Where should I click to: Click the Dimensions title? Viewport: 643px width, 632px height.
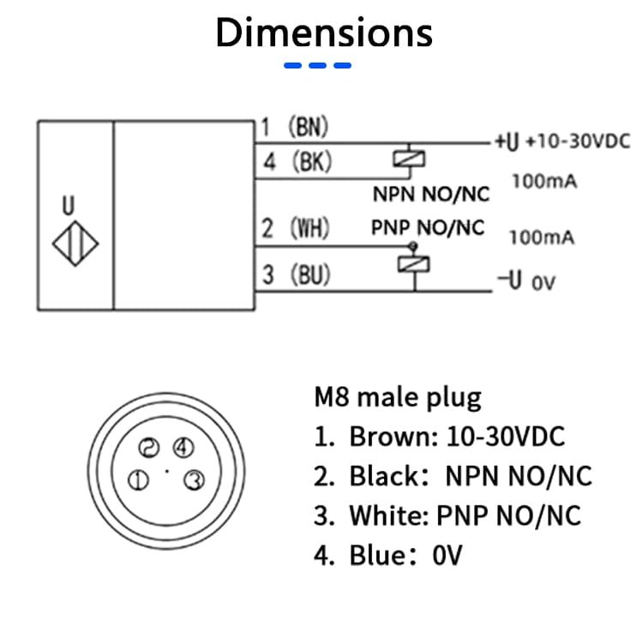click(324, 33)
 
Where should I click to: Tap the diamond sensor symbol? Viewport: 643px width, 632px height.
click(75, 243)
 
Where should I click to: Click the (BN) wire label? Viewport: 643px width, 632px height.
click(309, 126)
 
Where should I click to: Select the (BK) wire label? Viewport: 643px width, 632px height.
click(312, 161)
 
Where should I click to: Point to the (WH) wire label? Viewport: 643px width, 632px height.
click(309, 228)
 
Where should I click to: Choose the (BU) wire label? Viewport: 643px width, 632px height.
click(310, 274)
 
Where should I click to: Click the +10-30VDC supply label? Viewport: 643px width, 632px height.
click(578, 141)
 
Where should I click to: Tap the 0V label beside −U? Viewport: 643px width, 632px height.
click(544, 283)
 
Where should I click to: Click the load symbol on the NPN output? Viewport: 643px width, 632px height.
click(409, 159)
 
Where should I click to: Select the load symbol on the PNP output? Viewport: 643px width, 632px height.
click(414, 264)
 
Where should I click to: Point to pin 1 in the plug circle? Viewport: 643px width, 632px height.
click(139, 480)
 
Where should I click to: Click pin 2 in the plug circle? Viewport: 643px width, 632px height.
click(149, 447)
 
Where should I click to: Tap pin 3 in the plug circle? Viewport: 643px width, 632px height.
click(194, 480)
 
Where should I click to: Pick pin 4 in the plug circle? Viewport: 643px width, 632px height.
click(183, 447)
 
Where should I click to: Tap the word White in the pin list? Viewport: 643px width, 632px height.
click(388, 516)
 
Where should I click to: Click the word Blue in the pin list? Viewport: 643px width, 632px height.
click(377, 556)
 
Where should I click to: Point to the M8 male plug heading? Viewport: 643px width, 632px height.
click(398, 396)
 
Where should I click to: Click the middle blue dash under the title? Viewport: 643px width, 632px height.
click(317, 66)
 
